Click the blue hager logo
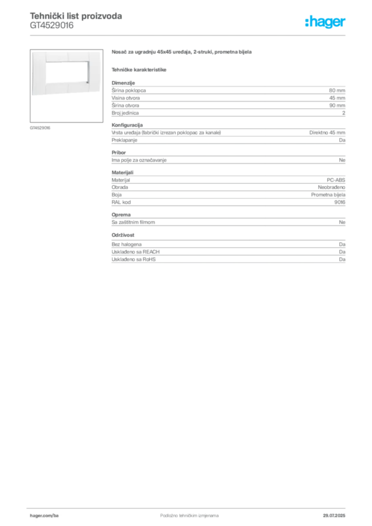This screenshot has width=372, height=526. click(326, 23)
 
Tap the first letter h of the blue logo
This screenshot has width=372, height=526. click(308, 22)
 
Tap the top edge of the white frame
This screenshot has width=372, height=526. click(67, 55)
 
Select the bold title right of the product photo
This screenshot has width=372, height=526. click(183, 53)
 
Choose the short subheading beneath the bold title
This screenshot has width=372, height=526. click(140, 69)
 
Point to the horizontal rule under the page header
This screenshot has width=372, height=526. click(189, 35)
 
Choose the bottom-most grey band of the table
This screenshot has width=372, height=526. click(228, 257)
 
